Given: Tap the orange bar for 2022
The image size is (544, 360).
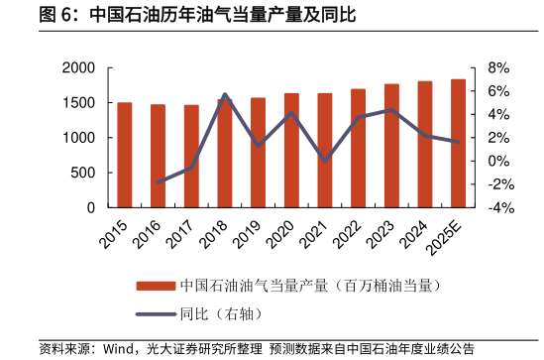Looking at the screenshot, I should click(358, 148).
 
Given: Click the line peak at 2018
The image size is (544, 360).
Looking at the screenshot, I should click(225, 95).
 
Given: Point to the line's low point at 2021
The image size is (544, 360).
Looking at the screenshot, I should click(325, 160).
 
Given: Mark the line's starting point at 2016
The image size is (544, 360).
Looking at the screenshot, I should click(159, 182).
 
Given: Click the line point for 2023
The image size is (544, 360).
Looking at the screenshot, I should click(391, 110).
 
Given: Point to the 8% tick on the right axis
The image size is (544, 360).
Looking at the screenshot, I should click(497, 68).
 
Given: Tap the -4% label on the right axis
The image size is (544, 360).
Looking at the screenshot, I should click(499, 208).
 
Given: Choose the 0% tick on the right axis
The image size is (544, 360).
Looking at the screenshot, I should click(497, 162).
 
